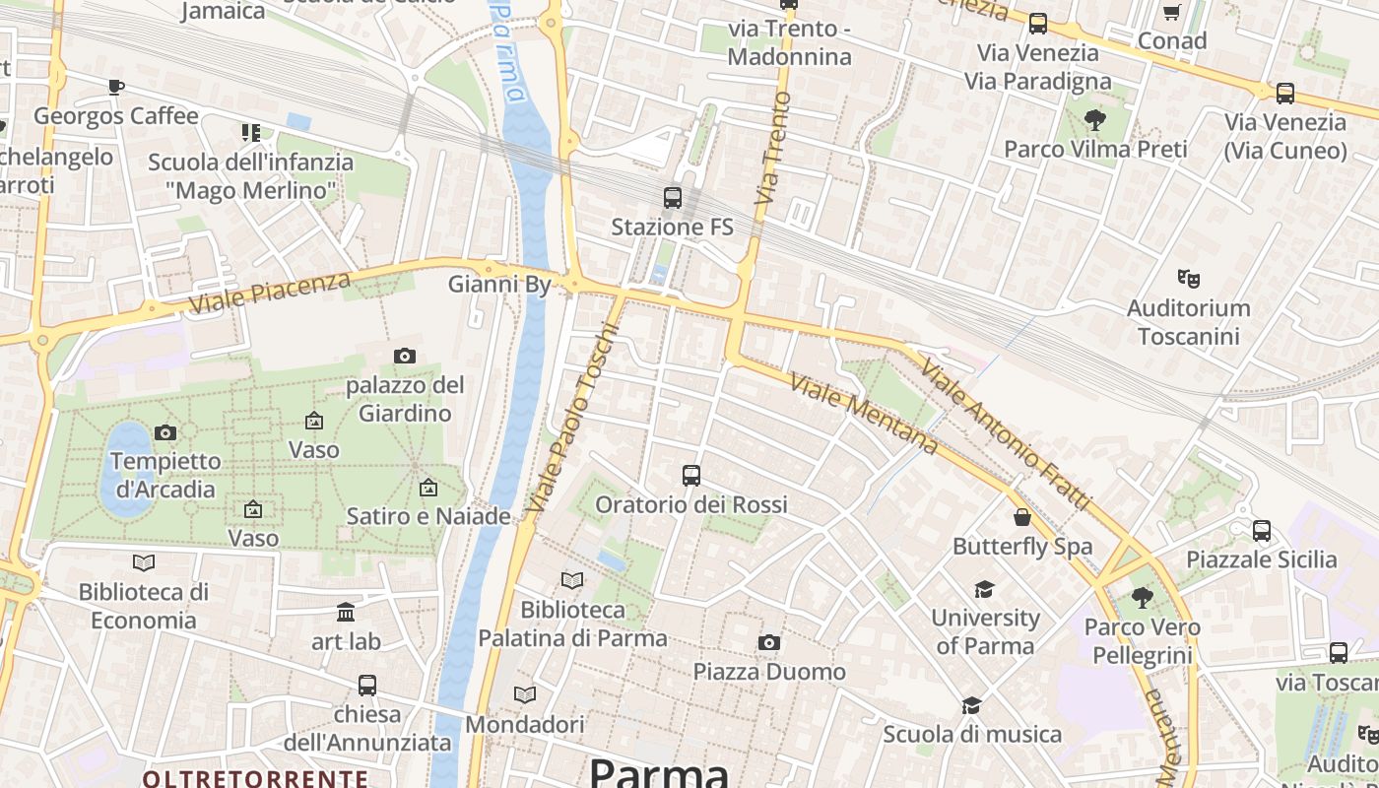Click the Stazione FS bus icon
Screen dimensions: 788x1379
coord(673,198)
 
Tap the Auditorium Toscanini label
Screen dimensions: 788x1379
coord(1188,322)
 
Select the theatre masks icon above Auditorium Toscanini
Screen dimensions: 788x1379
coord(1189,279)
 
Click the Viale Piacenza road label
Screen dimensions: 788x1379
coord(269,293)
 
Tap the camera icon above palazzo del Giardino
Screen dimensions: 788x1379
coord(404,356)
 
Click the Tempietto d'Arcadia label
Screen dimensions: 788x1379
coord(165,475)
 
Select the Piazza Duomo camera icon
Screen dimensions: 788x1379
coord(769,643)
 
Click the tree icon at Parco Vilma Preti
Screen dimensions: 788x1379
coord(1094,120)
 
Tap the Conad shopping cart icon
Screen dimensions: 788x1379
coord(1171,13)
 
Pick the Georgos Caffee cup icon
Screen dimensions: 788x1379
coord(116,87)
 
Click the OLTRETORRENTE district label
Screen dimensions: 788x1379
coord(255,778)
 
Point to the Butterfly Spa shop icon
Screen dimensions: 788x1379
coord(1022,517)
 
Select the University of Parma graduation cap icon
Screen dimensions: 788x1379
coord(984,589)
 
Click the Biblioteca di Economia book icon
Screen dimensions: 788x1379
coord(144,562)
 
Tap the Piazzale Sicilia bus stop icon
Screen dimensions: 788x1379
coord(1262,531)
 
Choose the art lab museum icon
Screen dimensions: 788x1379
coord(346,613)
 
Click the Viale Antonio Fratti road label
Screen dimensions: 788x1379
coord(1006,433)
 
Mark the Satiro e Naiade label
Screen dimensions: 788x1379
coord(428,516)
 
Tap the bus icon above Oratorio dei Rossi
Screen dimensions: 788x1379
coord(691,476)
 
